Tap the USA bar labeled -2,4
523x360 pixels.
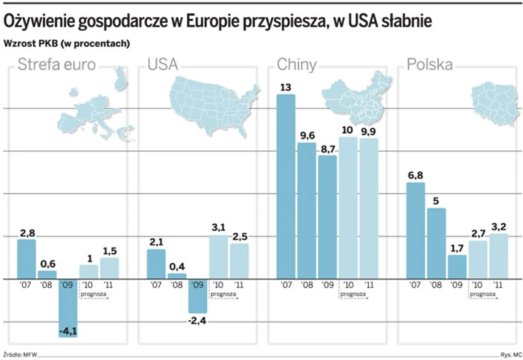click(x=198, y=296)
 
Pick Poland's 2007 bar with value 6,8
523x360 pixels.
click(x=416, y=231)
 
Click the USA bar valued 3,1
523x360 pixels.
click(x=218, y=257)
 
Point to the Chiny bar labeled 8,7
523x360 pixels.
click(x=327, y=217)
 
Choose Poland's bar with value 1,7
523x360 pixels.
click(x=457, y=266)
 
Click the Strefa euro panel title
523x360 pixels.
click(x=57, y=64)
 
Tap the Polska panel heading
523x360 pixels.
click(x=429, y=64)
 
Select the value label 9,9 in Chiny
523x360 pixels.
click(x=368, y=131)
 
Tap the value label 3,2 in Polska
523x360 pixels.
click(x=499, y=227)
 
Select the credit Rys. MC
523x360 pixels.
click(x=509, y=355)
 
